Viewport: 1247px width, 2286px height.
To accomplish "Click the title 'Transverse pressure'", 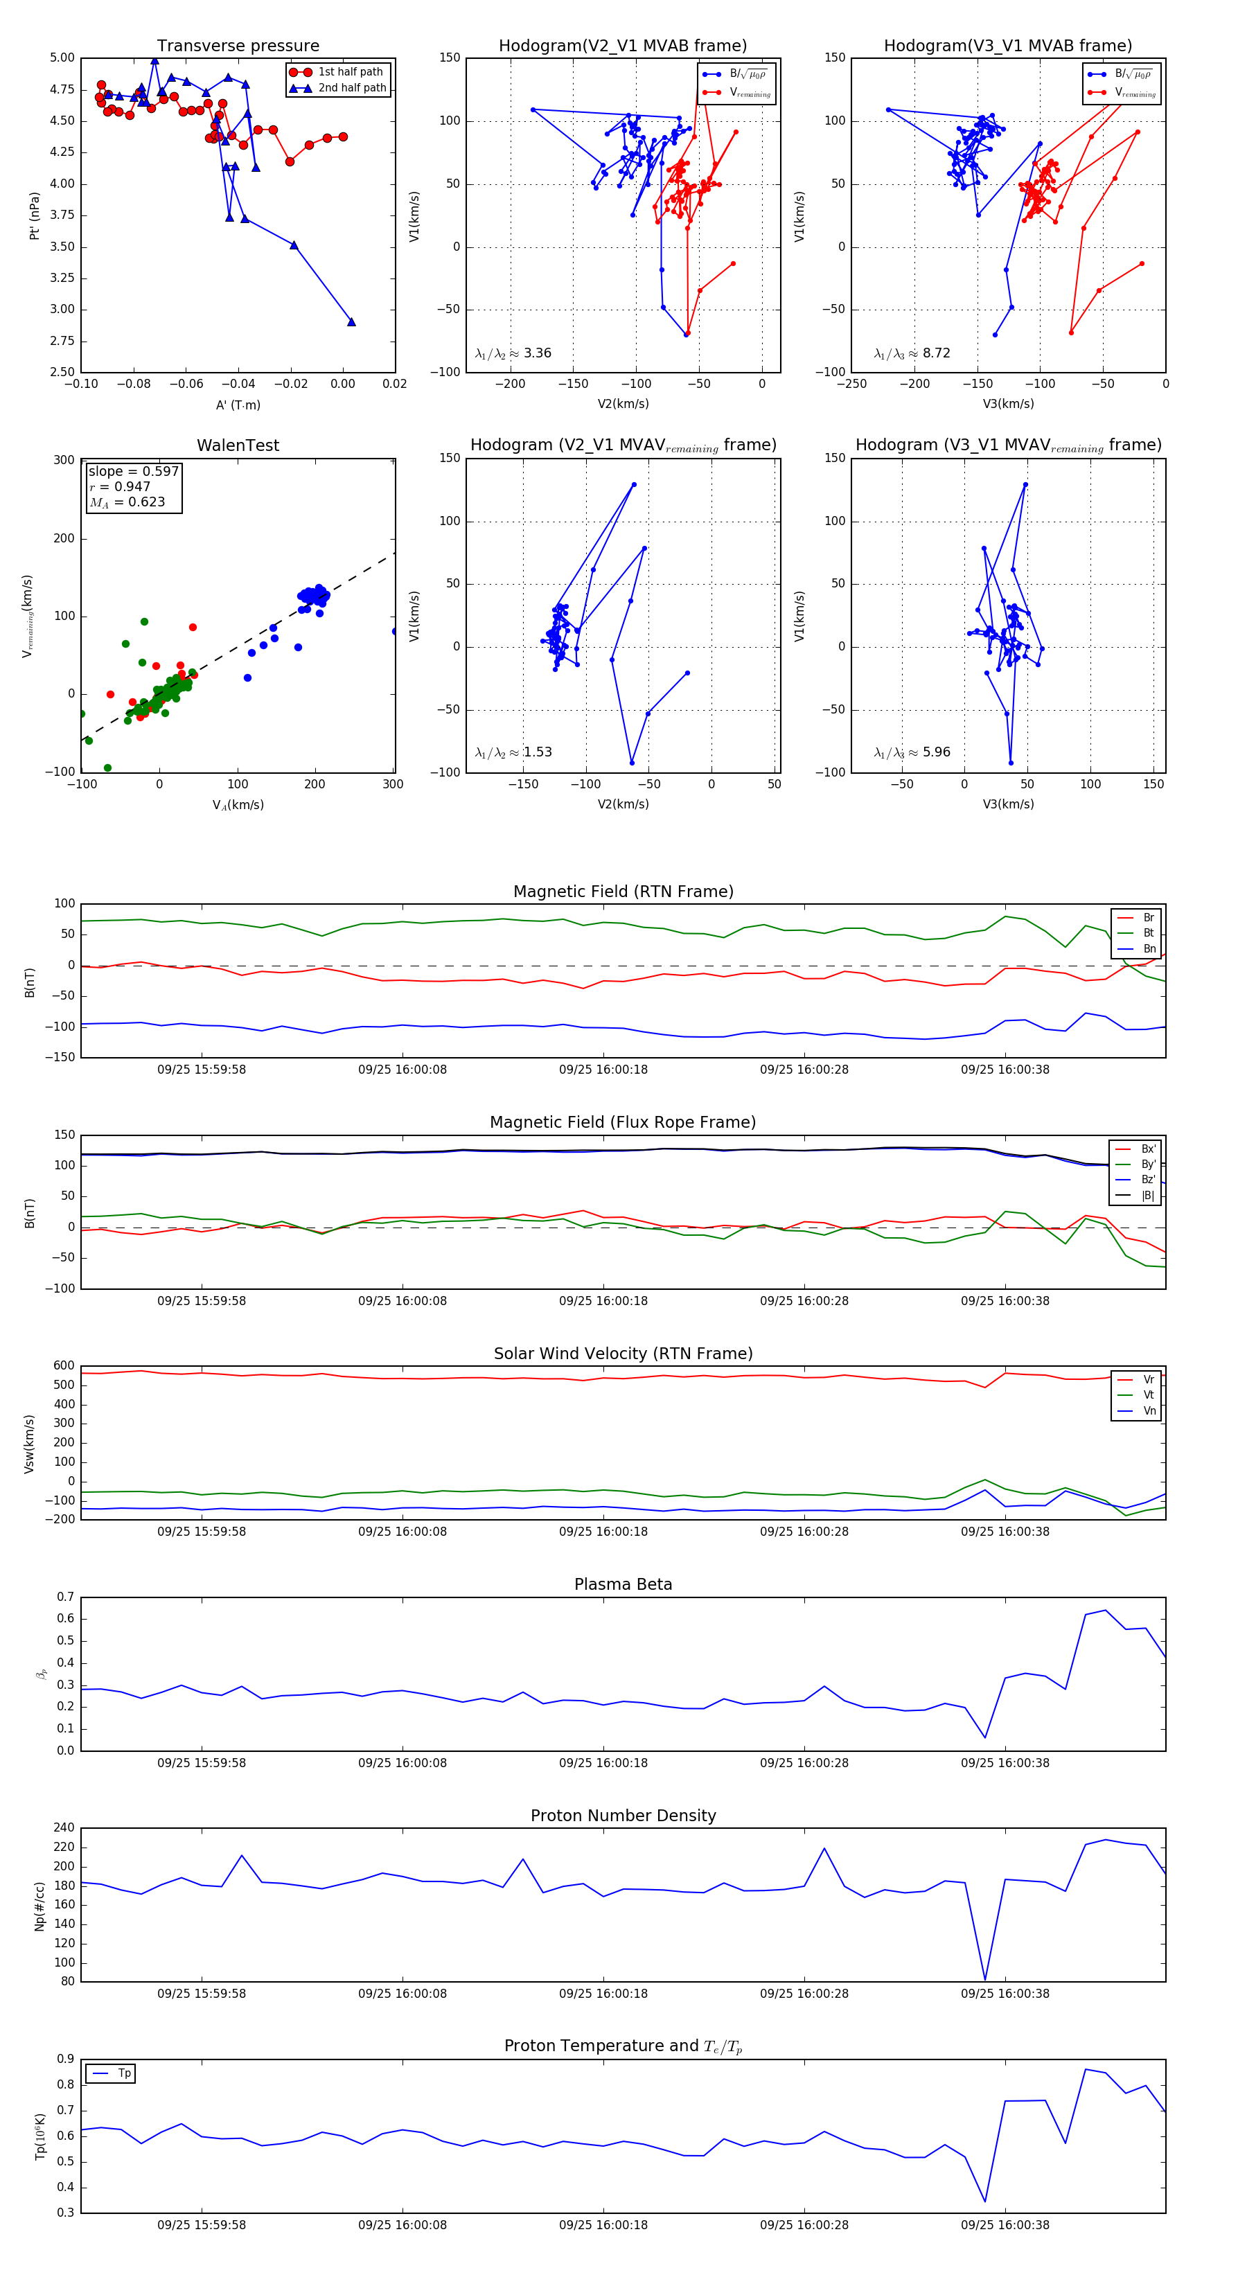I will [x=238, y=46].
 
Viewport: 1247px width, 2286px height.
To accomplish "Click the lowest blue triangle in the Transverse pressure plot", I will [x=351, y=322].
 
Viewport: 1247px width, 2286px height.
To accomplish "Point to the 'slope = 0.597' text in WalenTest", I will [x=133, y=471].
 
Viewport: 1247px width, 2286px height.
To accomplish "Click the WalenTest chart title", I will [x=238, y=445].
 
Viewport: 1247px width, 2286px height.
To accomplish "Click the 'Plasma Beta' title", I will [x=623, y=1584].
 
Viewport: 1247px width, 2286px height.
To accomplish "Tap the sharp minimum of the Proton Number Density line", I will [x=985, y=1980].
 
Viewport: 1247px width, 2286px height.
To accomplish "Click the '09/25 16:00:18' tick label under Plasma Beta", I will [x=603, y=1762].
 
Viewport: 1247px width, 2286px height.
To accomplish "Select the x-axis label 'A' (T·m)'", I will [x=238, y=405].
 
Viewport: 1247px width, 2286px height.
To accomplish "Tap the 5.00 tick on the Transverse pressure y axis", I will [x=62, y=57].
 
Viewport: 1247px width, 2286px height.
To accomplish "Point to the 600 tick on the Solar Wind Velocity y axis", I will [x=64, y=1366].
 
